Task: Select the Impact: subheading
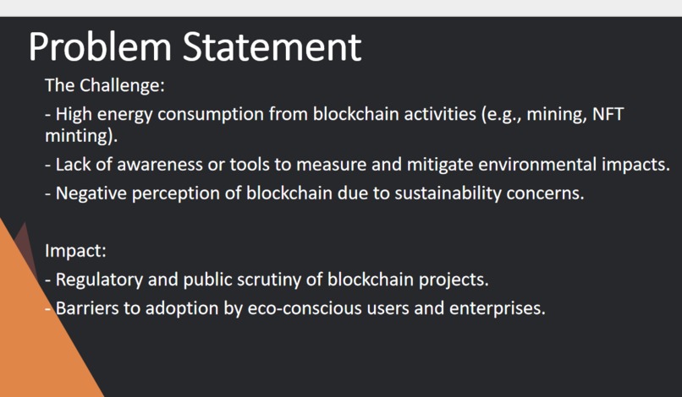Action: (x=75, y=251)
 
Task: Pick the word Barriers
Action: (x=87, y=307)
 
